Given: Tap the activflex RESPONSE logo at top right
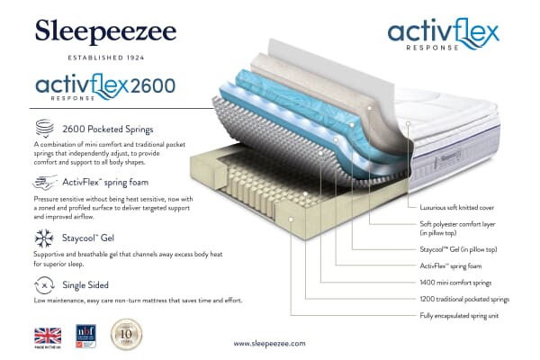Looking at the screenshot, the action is click(443, 35).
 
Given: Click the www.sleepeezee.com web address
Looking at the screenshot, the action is click(270, 344).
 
